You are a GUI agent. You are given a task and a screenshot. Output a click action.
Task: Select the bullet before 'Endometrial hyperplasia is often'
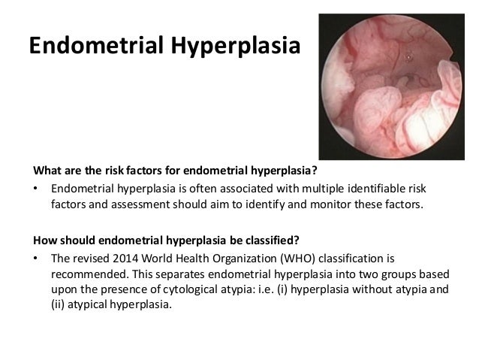(x=37, y=186)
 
